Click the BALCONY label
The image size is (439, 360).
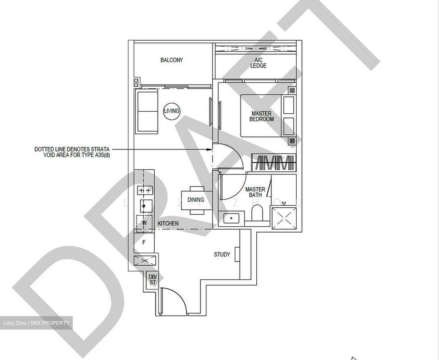pyautogui.click(x=172, y=60)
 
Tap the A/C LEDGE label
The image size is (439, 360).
pyautogui.click(x=258, y=63)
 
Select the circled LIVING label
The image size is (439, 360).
pyautogui.click(x=172, y=111)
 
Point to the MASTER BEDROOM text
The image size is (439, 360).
pyautogui.click(x=262, y=116)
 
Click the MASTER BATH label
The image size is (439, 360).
pyautogui.click(x=255, y=192)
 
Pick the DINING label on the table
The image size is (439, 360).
pyautogui.click(x=196, y=200)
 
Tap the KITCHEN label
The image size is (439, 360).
pyautogui.click(x=168, y=224)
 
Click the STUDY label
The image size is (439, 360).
pyautogui.click(x=222, y=255)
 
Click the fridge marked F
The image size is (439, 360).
pyautogui.click(x=144, y=243)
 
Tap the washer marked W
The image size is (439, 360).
pyautogui.click(x=144, y=223)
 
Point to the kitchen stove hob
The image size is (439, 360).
pyautogui.click(x=145, y=191)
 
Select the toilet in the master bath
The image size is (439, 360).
pyautogui.click(x=257, y=213)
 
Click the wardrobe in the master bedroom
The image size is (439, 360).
pyautogui.click(x=273, y=162)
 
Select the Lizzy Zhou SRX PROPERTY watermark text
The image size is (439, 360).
pyautogui.click(x=36, y=323)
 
